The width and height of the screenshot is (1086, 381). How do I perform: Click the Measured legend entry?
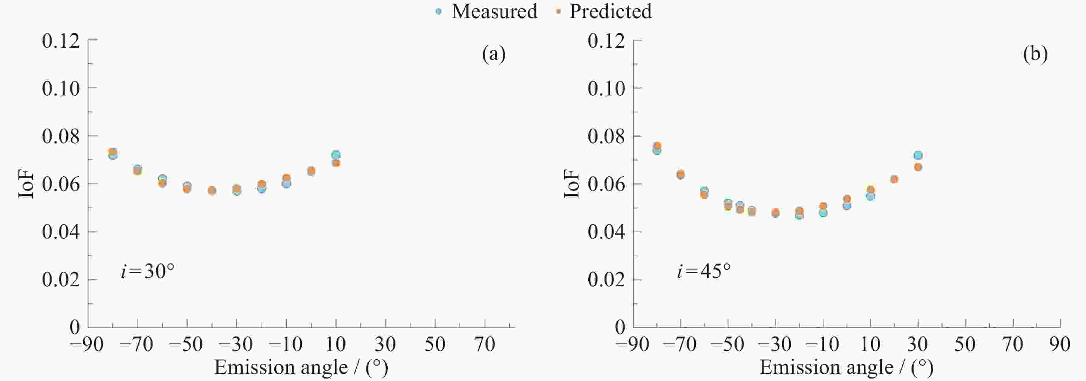(487, 11)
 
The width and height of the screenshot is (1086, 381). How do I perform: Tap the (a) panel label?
(494, 54)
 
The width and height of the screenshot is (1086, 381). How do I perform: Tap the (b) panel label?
(1035, 54)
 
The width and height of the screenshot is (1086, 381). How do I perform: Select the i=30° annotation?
(147, 271)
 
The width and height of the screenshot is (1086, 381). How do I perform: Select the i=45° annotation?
(704, 271)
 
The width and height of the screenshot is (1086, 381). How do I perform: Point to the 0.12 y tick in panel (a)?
(61, 41)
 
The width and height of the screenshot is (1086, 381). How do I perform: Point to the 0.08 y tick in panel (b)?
(606, 136)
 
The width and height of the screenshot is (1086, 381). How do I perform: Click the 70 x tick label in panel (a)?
(484, 345)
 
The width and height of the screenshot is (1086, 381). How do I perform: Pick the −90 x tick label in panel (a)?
(86, 345)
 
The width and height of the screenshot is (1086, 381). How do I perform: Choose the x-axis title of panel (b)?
(846, 368)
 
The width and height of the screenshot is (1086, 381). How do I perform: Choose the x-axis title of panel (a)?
(301, 368)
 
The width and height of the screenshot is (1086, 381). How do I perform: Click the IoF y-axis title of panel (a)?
(26, 184)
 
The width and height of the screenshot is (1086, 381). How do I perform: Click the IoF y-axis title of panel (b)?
(572, 184)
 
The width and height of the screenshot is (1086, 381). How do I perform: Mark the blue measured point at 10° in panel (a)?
(336, 155)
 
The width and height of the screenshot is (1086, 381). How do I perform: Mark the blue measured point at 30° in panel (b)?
(918, 155)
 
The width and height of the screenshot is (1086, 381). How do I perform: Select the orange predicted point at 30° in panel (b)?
(918, 167)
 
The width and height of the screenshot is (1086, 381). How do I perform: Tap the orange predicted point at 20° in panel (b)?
(894, 179)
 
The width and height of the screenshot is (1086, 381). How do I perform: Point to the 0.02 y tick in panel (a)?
(61, 280)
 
